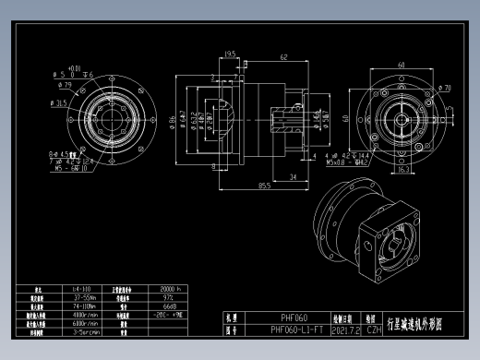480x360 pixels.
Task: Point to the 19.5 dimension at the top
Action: (229, 54)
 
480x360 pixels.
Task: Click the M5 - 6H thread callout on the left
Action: (64, 169)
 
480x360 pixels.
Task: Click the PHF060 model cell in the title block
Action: (294, 317)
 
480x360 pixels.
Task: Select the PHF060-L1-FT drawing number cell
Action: (296, 329)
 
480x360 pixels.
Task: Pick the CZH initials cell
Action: (373, 329)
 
